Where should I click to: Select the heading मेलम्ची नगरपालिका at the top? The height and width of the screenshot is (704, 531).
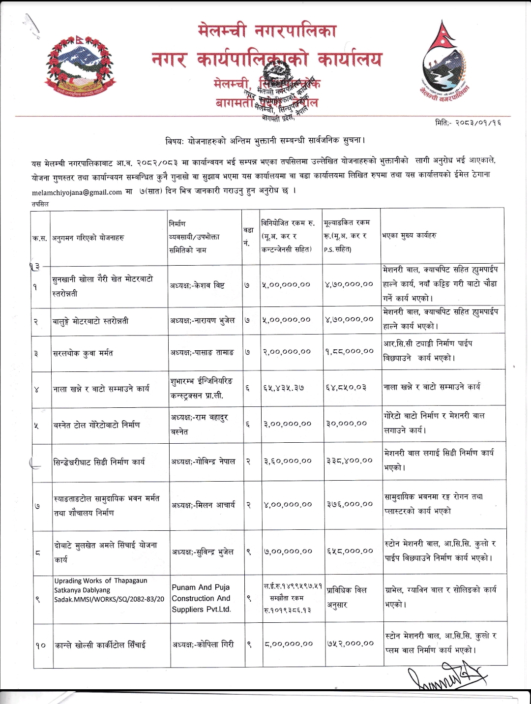pos(267,31)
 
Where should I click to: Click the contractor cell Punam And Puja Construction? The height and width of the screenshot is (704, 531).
pos(201,598)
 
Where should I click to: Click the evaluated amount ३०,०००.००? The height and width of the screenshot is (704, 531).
pos(346,424)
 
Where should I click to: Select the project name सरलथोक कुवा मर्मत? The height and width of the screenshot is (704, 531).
pos(84,353)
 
